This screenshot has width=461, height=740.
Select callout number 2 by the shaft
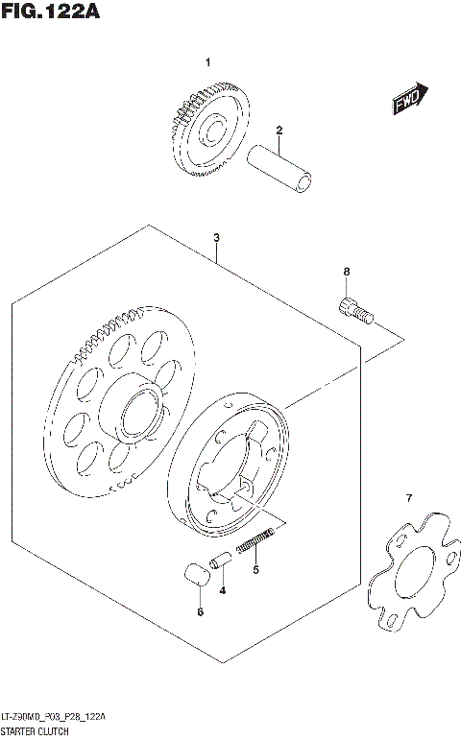click(x=279, y=131)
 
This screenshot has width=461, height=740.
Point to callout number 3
click(x=217, y=238)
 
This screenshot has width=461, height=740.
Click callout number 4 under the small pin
click(x=223, y=588)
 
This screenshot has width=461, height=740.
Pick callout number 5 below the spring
click(x=255, y=570)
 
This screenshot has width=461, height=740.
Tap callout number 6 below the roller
click(x=199, y=610)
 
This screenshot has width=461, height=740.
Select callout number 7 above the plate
click(x=408, y=497)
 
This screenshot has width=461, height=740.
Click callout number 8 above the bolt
click(x=347, y=274)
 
